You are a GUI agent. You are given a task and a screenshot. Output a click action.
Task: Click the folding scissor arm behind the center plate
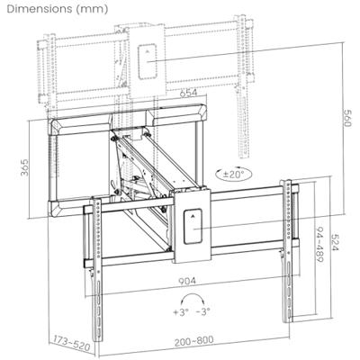click(x=144, y=180)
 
